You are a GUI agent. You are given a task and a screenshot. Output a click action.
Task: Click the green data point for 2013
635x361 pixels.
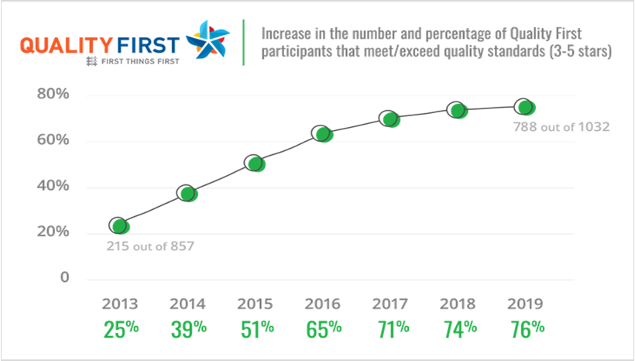118,226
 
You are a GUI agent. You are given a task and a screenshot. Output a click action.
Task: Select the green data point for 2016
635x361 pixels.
323,133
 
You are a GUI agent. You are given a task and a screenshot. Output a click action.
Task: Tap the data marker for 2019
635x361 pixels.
525,107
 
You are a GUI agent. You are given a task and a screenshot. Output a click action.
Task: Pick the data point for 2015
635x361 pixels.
255,163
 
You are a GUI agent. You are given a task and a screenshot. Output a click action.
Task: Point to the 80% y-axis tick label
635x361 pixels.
53,95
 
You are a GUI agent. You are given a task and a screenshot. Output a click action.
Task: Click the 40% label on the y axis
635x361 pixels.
53,187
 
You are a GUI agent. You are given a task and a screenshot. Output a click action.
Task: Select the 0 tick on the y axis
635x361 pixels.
65,278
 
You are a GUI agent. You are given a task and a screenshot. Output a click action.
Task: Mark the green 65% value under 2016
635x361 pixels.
322,328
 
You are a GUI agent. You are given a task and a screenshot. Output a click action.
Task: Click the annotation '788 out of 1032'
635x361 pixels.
561,126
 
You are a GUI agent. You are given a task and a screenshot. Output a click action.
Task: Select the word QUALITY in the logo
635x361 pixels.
69,44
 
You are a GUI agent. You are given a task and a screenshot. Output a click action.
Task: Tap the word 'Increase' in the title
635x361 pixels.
287,34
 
